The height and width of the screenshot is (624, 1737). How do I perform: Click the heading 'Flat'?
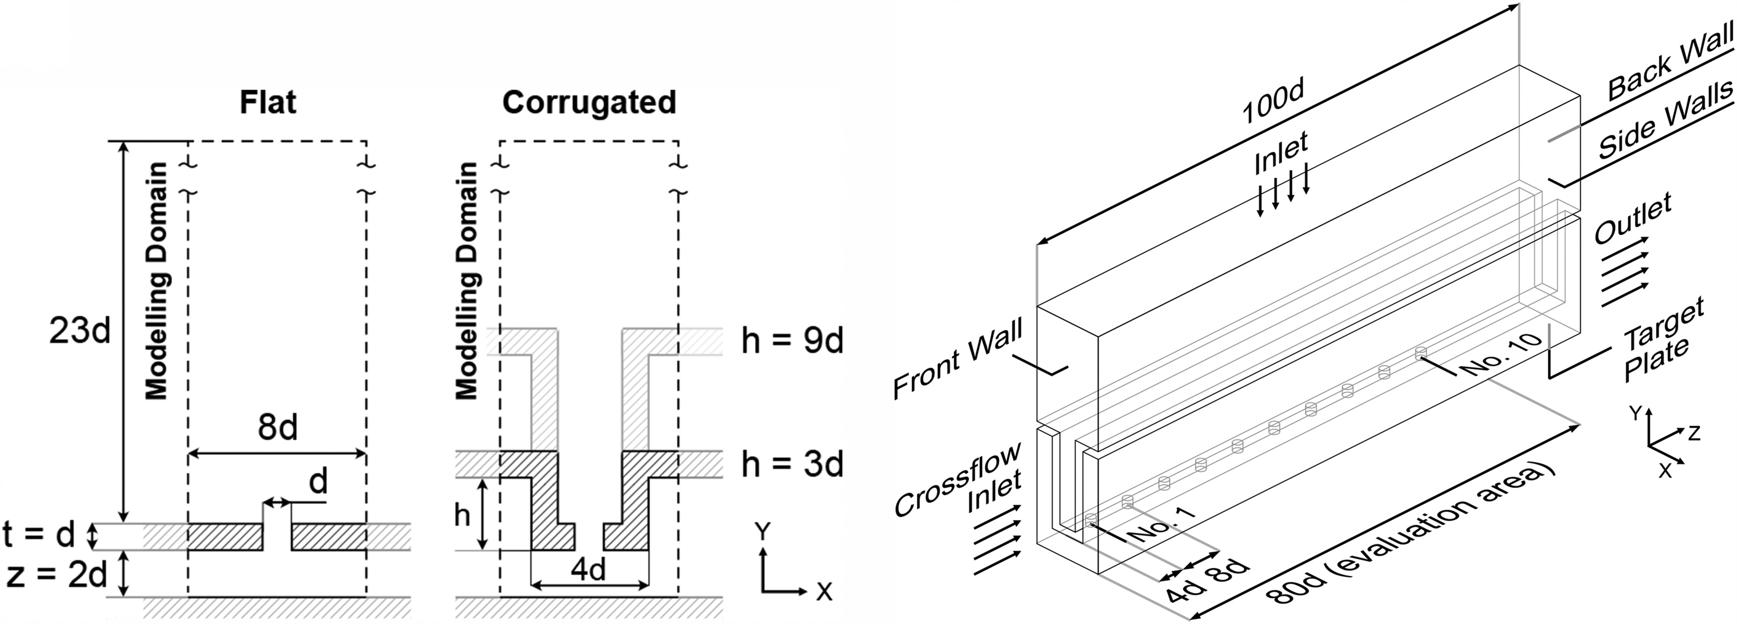pyautogui.click(x=268, y=102)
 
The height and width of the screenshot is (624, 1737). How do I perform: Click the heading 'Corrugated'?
pyautogui.click(x=589, y=102)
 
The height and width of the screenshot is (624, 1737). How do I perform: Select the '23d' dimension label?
pyautogui.click(x=79, y=332)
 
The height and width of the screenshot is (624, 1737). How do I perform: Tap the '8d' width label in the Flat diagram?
pyautogui.click(x=277, y=428)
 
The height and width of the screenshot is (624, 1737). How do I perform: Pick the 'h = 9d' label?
pyautogui.click(x=792, y=341)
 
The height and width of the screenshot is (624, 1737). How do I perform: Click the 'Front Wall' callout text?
pyautogui.click(x=957, y=359)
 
